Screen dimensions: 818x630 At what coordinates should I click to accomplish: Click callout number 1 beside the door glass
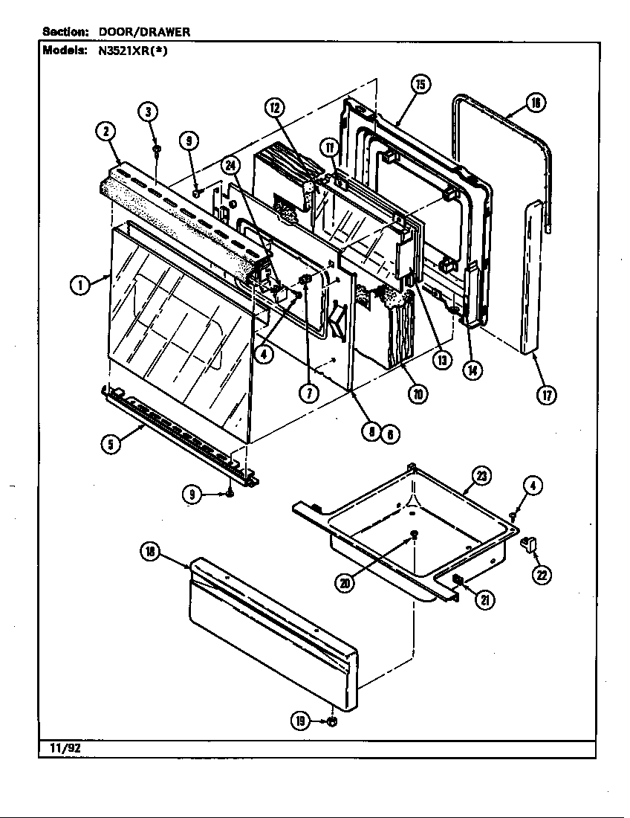click(79, 285)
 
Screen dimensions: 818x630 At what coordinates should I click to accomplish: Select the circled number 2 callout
click(106, 132)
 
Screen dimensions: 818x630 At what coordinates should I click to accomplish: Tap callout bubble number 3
click(148, 112)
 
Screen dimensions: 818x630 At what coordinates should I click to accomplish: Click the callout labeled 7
click(310, 393)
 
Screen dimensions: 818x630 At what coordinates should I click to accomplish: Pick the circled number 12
click(275, 109)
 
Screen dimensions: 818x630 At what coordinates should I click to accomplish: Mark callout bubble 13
click(442, 360)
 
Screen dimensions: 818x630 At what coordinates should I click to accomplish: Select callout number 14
click(470, 369)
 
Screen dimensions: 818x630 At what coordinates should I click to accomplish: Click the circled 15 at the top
click(420, 84)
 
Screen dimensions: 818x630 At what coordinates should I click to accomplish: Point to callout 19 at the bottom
click(300, 721)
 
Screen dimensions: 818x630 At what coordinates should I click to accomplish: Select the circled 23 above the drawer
click(482, 477)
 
